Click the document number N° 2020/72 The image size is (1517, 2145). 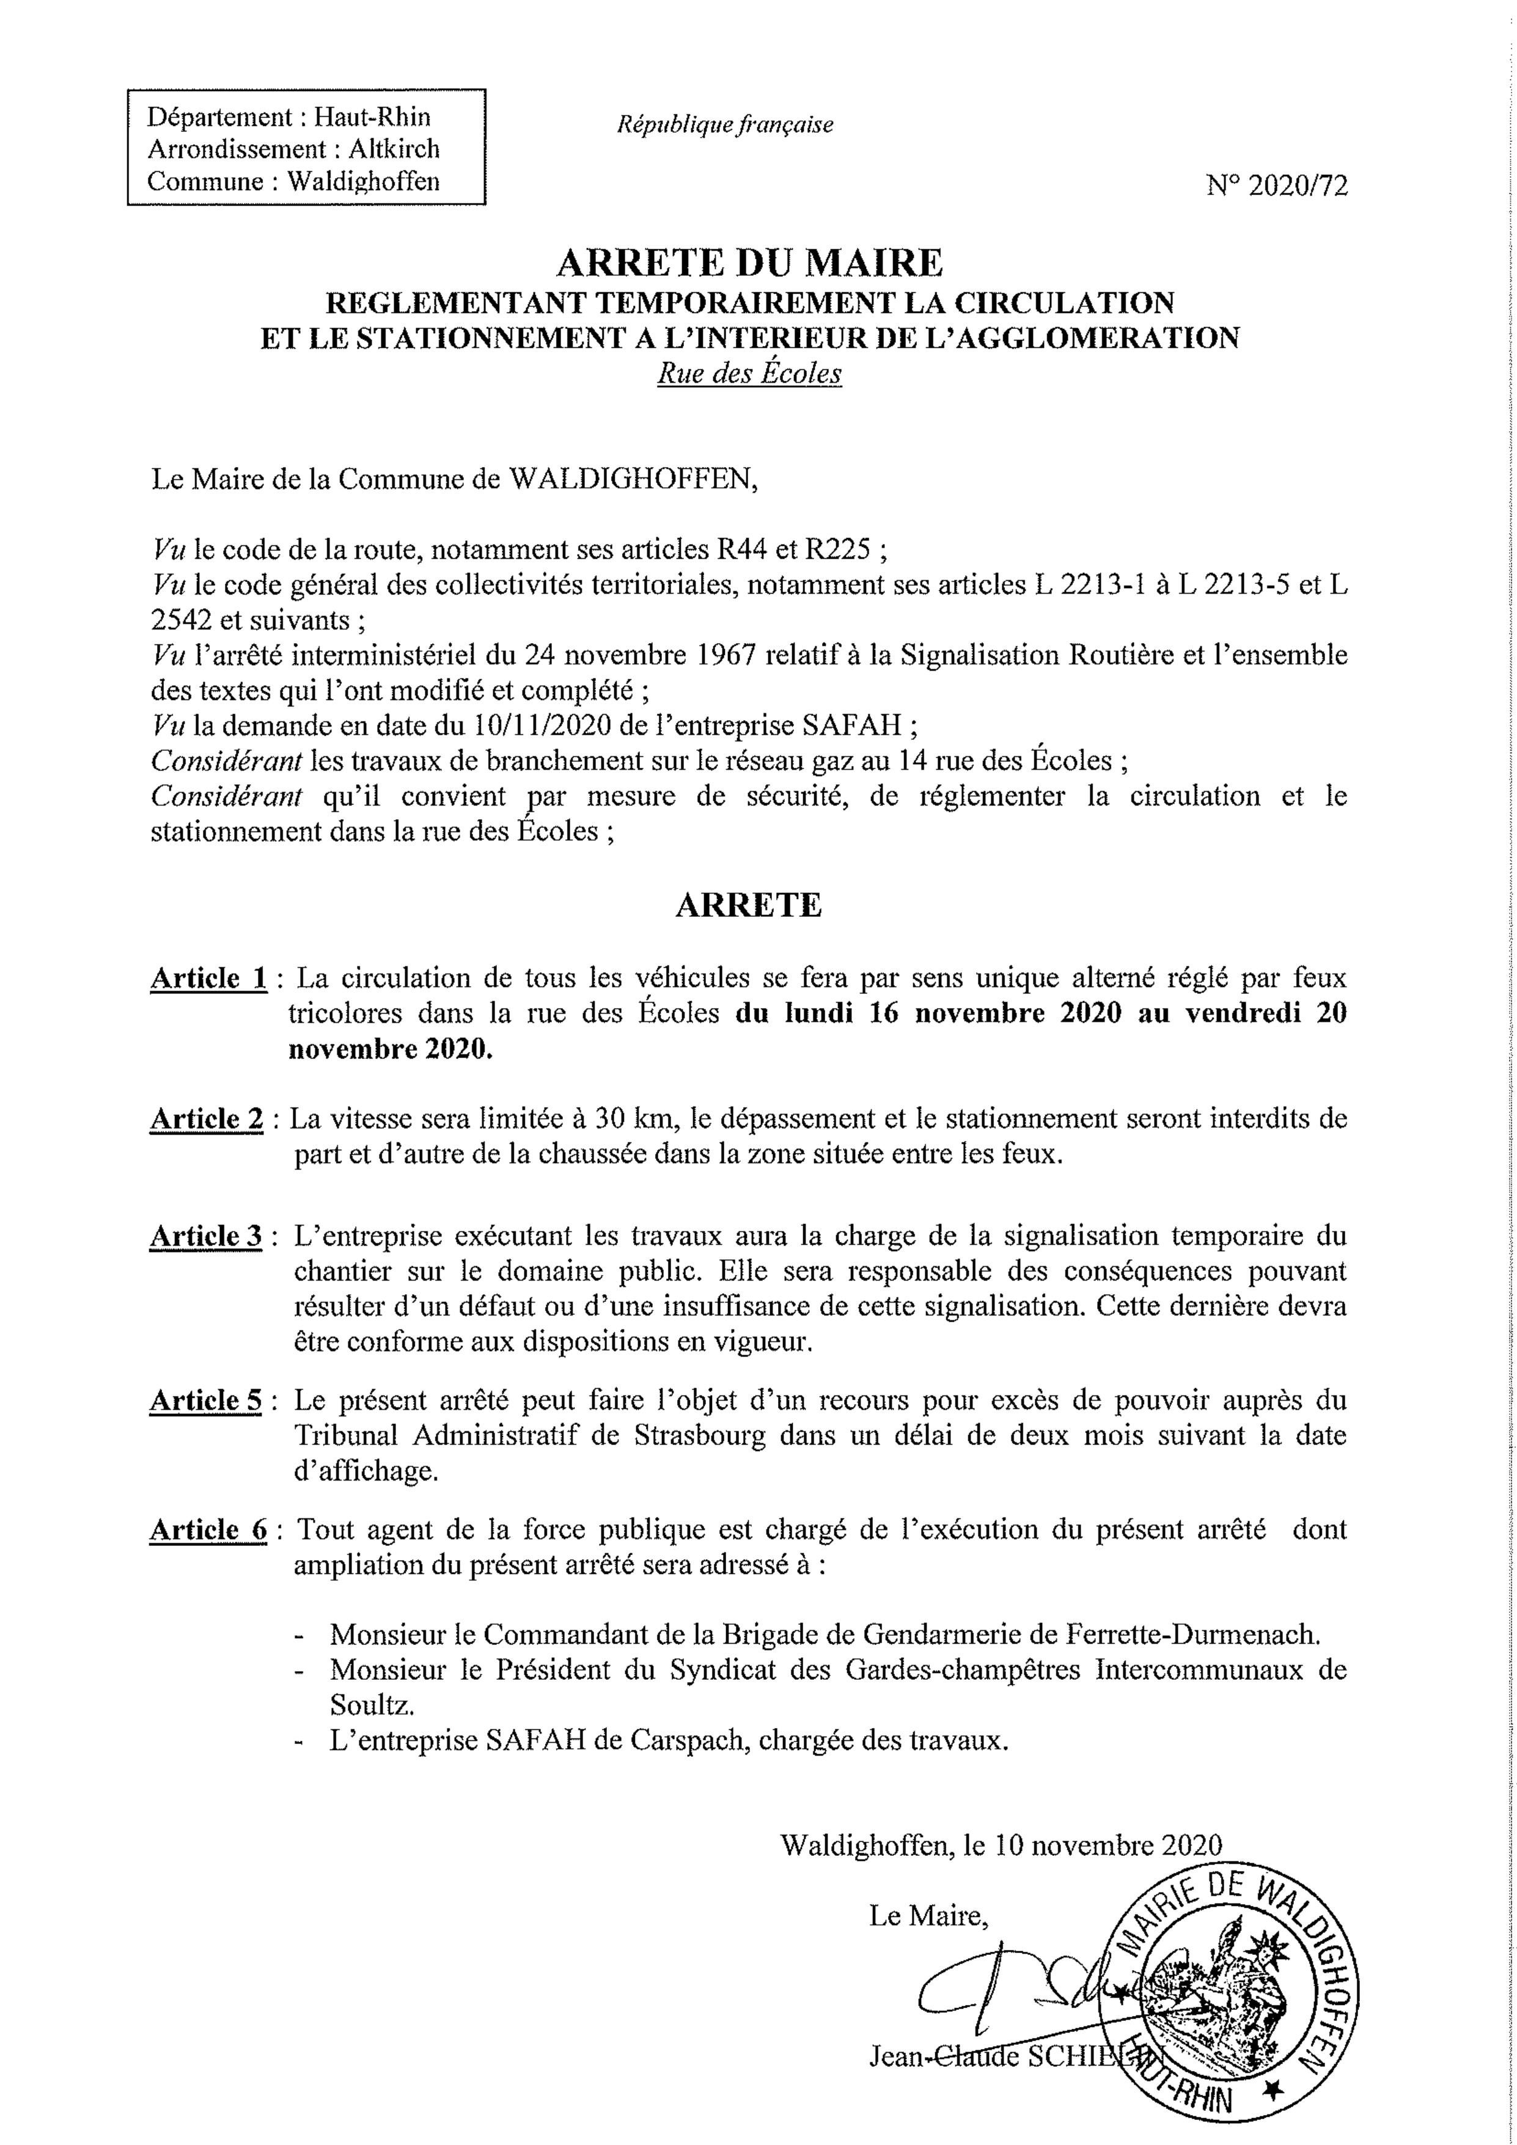pos(1277,187)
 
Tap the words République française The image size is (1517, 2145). pos(725,124)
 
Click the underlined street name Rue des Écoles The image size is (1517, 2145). pos(749,373)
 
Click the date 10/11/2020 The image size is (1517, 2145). pos(535,726)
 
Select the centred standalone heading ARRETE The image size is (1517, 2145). pos(748,905)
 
